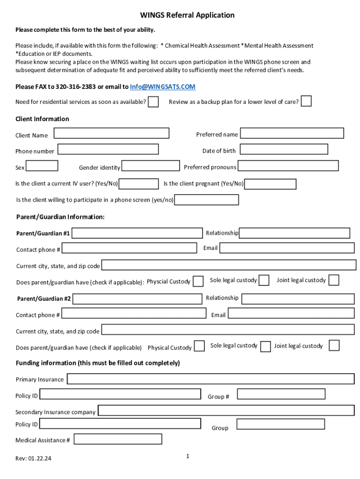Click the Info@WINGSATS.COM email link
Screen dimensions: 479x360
(163, 87)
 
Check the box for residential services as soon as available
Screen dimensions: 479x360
(153, 102)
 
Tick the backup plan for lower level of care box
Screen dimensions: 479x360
(306, 101)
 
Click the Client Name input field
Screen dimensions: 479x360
(111, 133)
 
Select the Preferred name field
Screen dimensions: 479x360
(292, 133)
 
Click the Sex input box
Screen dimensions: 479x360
(42, 166)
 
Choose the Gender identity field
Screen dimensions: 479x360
(151, 166)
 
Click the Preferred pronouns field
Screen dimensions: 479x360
(288, 166)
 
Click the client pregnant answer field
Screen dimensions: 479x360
(270, 184)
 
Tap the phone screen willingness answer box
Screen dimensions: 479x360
(207, 200)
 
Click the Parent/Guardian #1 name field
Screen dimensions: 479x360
(137, 233)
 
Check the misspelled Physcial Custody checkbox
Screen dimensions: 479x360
(198, 281)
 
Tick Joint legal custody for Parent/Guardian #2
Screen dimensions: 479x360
(334, 346)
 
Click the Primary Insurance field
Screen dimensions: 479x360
(210, 379)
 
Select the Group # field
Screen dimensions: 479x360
(281, 394)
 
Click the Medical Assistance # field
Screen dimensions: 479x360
(118, 439)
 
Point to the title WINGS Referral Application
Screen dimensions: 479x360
(187, 15)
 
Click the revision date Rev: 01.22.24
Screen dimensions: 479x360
(33, 458)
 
